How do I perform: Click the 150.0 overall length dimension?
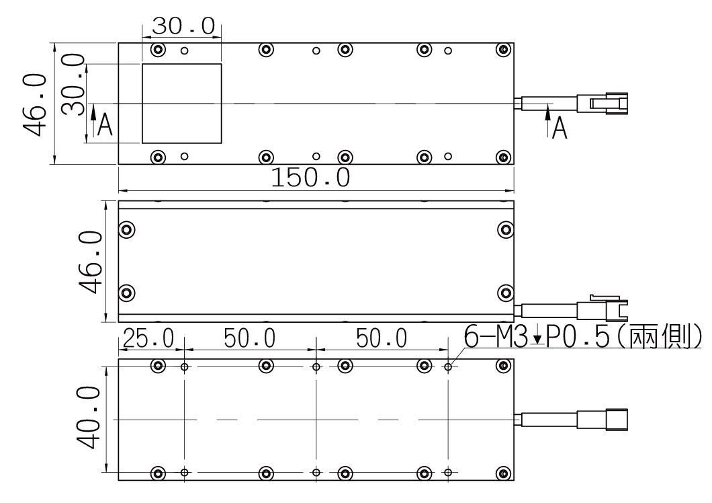(310, 178)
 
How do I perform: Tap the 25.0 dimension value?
(148, 338)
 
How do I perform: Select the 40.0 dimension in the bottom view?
(89, 418)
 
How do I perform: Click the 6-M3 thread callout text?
(582, 336)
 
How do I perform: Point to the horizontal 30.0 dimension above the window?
(183, 26)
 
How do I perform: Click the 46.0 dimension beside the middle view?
(91, 262)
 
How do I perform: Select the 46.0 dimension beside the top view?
(35, 105)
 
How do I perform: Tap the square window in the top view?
(181, 104)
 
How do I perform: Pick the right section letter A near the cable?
(560, 128)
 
